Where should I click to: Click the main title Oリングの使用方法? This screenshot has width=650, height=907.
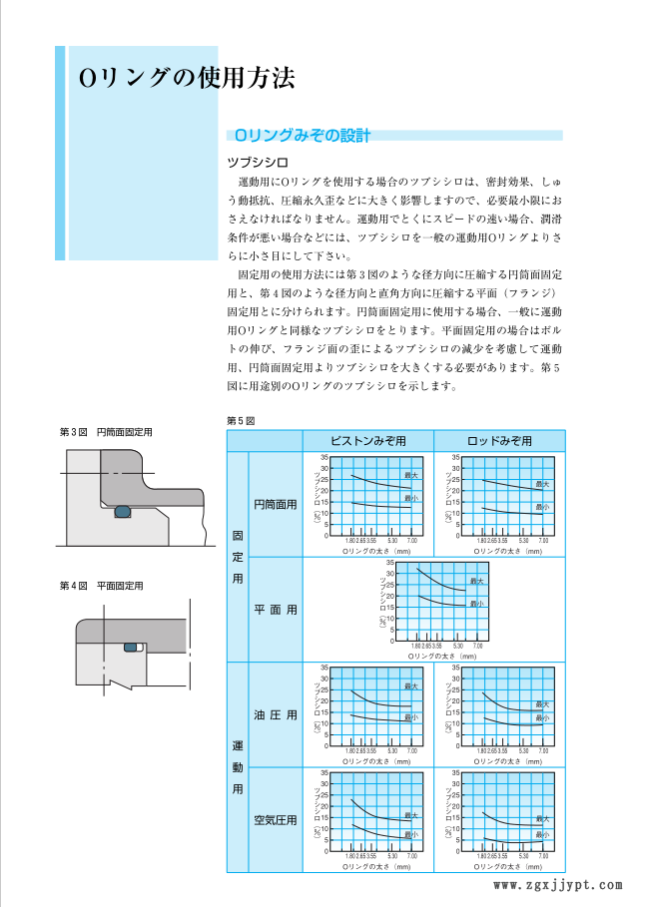[x=187, y=77]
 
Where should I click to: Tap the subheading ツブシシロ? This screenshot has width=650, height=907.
[x=258, y=161]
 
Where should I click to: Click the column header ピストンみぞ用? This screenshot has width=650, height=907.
[x=368, y=440]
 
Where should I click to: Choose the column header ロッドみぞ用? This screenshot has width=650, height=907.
[x=499, y=440]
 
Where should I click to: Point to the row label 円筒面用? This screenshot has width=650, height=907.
[x=275, y=505]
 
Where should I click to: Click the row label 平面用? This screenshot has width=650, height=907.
[x=275, y=609]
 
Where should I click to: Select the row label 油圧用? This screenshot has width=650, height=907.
[x=275, y=714]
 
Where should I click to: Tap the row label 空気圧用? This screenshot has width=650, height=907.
[x=275, y=820]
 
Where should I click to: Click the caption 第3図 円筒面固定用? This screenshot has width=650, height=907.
[x=113, y=431]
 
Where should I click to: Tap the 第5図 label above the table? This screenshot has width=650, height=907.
[x=242, y=420]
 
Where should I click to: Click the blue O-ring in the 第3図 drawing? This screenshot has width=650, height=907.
[x=122, y=513]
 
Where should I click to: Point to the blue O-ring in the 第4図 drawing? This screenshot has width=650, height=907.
[x=131, y=649]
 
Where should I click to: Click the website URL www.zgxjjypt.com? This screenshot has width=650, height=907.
[x=559, y=884]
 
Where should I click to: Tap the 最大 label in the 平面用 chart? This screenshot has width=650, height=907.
[x=476, y=581]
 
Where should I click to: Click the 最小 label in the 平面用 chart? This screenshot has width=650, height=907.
[x=476, y=603]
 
